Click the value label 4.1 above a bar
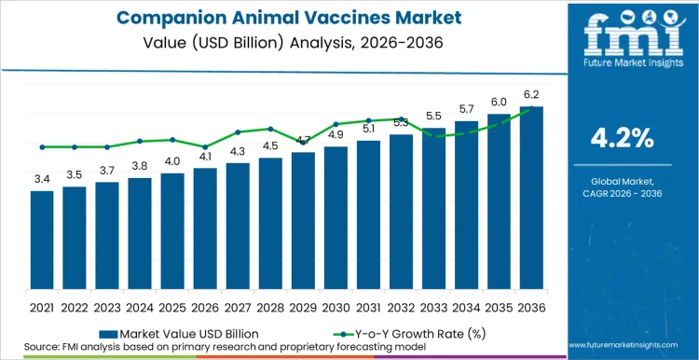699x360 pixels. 205,157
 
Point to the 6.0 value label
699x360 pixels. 499,103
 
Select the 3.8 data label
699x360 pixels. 140,166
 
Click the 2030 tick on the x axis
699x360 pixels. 336,307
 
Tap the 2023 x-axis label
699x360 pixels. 107,307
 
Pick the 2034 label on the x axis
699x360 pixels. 466,307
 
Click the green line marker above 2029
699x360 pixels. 303,143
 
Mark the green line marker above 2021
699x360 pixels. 42,146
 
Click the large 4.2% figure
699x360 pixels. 623,139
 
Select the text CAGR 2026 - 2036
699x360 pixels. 623,192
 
